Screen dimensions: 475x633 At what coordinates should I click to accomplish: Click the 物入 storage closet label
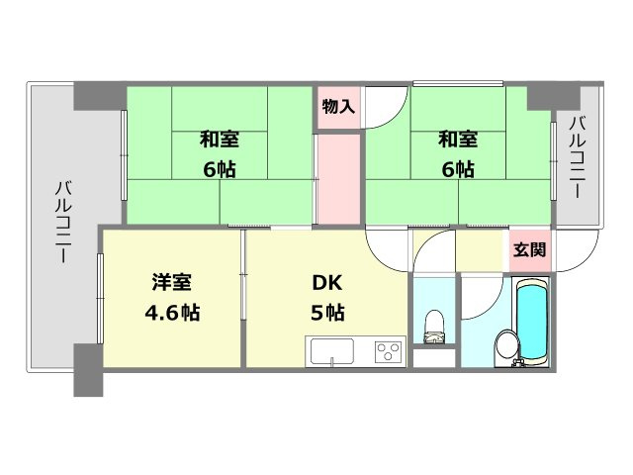click(338, 106)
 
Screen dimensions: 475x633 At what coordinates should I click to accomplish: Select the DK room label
click(327, 283)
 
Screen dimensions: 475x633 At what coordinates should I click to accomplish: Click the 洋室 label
click(171, 283)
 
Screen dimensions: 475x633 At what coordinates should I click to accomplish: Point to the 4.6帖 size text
click(171, 314)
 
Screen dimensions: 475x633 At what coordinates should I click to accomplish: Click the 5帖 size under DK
click(327, 314)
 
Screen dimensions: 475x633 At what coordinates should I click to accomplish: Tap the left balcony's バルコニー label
click(60, 220)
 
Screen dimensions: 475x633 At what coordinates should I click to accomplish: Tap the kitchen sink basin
click(332, 352)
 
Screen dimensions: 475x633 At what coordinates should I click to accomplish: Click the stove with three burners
click(386, 352)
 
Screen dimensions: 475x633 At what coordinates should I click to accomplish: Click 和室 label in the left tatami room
click(219, 140)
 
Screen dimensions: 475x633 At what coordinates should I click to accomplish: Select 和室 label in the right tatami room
click(458, 140)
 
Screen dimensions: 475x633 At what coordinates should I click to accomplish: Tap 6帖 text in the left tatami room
click(219, 169)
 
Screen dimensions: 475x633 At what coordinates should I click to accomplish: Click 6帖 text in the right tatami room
click(458, 169)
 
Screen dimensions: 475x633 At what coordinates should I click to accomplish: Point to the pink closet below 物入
click(338, 178)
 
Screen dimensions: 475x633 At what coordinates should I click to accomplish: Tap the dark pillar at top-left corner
click(99, 96)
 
